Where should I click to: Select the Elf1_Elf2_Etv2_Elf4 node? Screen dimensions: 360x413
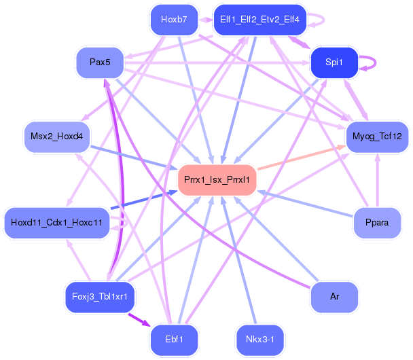click(x=260, y=19)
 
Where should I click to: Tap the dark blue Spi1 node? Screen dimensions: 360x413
click(x=334, y=62)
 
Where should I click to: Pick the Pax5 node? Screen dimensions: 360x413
click(x=100, y=62)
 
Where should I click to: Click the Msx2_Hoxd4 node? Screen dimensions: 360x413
click(x=56, y=137)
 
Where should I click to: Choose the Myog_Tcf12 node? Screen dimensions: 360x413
click(x=377, y=137)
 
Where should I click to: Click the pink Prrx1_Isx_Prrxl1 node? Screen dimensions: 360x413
click(x=217, y=180)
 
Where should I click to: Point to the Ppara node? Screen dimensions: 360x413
click(x=377, y=223)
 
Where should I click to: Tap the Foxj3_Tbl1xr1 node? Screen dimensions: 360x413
click(x=100, y=296)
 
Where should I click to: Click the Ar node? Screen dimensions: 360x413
click(x=334, y=296)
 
